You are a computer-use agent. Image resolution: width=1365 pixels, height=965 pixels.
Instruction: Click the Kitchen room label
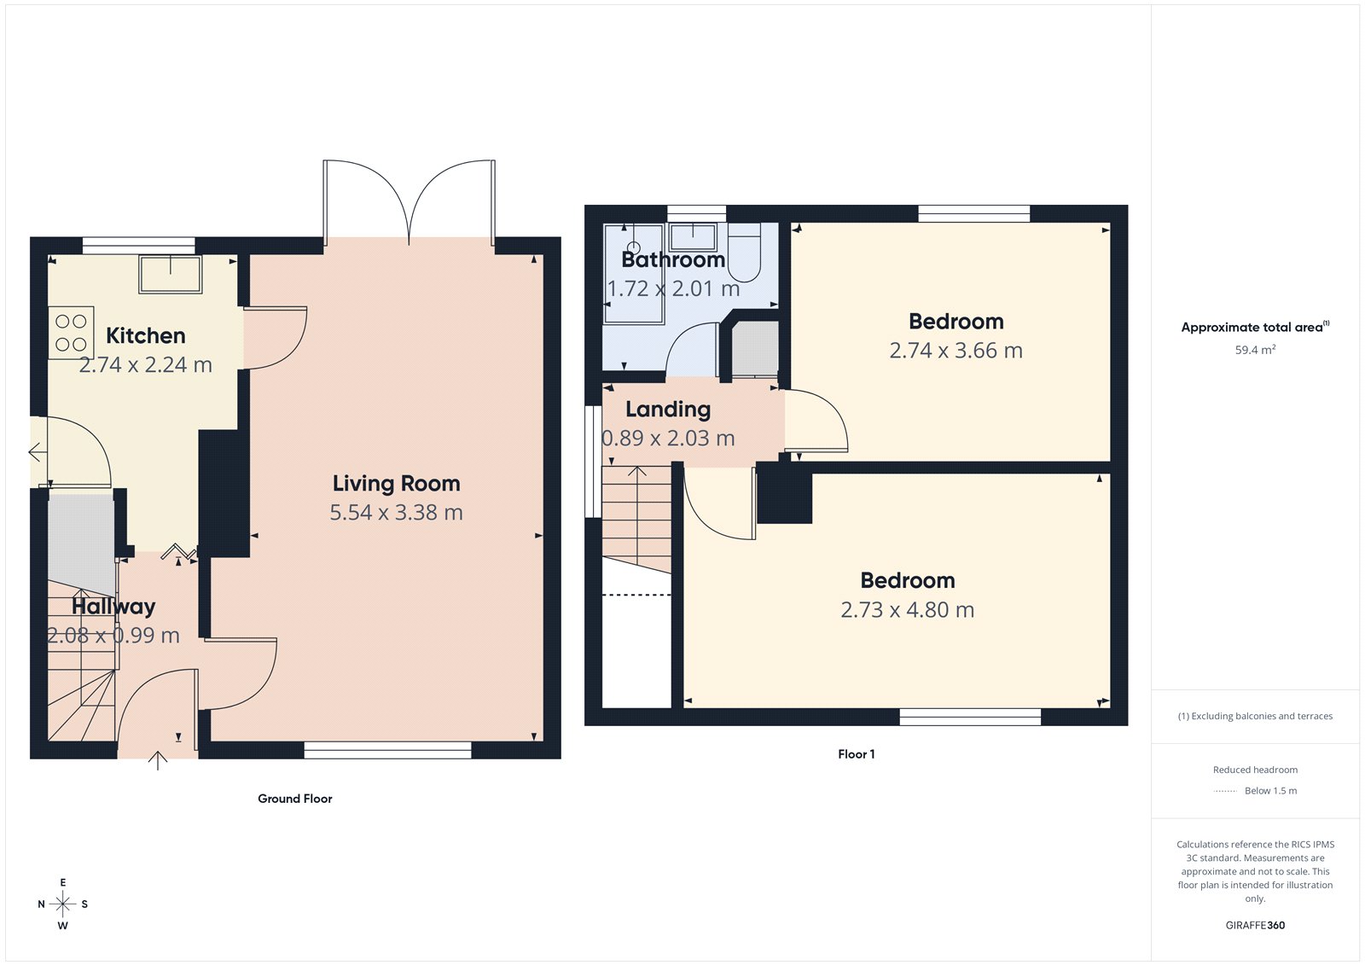click(145, 335)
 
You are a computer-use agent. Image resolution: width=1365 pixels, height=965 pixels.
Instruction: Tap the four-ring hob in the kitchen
click(71, 333)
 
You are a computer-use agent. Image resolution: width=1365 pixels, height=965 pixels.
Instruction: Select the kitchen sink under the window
click(171, 274)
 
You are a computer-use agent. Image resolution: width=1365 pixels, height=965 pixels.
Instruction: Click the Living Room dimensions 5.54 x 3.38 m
click(396, 513)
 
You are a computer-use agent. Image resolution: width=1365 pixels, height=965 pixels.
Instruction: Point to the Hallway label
click(113, 607)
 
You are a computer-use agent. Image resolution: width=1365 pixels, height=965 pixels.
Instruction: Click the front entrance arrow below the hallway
click(158, 760)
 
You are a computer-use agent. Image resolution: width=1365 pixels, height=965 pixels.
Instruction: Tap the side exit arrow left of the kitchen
click(38, 452)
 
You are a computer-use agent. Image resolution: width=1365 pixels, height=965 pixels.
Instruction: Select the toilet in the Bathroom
click(744, 253)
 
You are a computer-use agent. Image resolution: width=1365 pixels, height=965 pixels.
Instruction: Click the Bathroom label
click(673, 259)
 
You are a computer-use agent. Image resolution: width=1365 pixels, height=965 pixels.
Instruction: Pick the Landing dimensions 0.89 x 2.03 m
click(668, 439)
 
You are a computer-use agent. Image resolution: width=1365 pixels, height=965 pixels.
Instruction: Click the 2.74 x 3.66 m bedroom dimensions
click(955, 351)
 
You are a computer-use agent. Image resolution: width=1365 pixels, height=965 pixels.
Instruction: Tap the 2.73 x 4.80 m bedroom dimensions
click(907, 610)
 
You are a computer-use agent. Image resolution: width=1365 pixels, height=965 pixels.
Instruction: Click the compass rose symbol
click(62, 904)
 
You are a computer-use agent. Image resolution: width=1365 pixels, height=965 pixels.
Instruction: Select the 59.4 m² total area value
click(1255, 350)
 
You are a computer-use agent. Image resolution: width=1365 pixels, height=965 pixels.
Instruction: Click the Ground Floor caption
click(295, 799)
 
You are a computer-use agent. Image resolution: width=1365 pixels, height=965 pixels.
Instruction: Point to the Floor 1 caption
click(856, 754)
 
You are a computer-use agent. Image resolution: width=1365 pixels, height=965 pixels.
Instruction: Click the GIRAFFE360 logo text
click(1255, 925)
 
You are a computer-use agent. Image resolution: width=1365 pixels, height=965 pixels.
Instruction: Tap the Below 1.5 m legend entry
click(1269, 791)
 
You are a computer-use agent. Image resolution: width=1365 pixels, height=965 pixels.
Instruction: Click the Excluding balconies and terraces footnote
click(1255, 717)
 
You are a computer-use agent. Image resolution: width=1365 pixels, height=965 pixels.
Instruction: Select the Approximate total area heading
click(1252, 328)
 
